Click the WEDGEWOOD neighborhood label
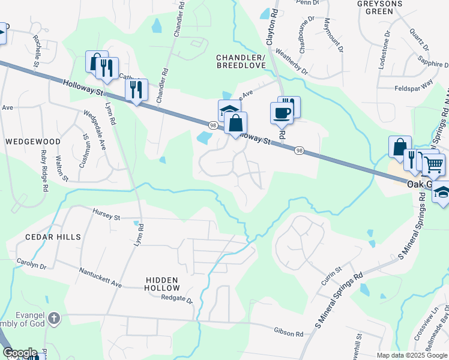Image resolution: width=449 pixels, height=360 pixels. click(x=33, y=142)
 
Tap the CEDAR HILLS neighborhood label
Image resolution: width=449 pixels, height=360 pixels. click(x=53, y=237)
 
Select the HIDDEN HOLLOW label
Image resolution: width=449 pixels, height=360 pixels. click(x=162, y=284)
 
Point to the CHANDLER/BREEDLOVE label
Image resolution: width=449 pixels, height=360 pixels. click(x=241, y=61)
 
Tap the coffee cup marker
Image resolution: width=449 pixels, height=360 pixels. click(x=282, y=112)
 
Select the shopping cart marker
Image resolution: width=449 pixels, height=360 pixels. click(x=433, y=163)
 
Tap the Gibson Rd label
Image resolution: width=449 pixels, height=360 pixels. click(x=290, y=332)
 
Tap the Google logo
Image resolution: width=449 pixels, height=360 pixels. click(x=19, y=353)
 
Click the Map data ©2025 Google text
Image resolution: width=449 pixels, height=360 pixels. click(x=412, y=355)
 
